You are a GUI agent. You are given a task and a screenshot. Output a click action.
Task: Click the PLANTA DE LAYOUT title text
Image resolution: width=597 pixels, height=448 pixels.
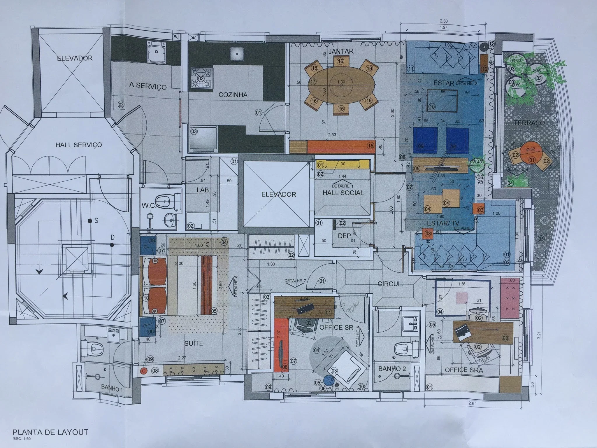coord(50,432)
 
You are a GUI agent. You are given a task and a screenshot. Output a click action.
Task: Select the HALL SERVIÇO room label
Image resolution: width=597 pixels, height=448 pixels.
coord(78,145)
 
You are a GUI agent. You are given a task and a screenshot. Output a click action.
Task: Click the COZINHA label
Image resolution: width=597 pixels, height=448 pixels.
coord(233,95)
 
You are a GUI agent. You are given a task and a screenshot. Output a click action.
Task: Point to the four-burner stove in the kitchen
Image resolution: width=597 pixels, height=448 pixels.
coord(201,78)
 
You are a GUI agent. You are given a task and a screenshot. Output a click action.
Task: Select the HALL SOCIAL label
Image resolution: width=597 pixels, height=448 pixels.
coord(343,193)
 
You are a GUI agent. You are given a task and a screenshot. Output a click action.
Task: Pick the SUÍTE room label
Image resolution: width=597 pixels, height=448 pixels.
coord(194,343)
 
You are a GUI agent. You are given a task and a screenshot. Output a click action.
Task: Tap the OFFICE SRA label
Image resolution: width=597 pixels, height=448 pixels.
coord(464,370)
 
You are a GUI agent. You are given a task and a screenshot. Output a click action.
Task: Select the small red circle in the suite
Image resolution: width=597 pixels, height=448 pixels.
coord(143,371)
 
